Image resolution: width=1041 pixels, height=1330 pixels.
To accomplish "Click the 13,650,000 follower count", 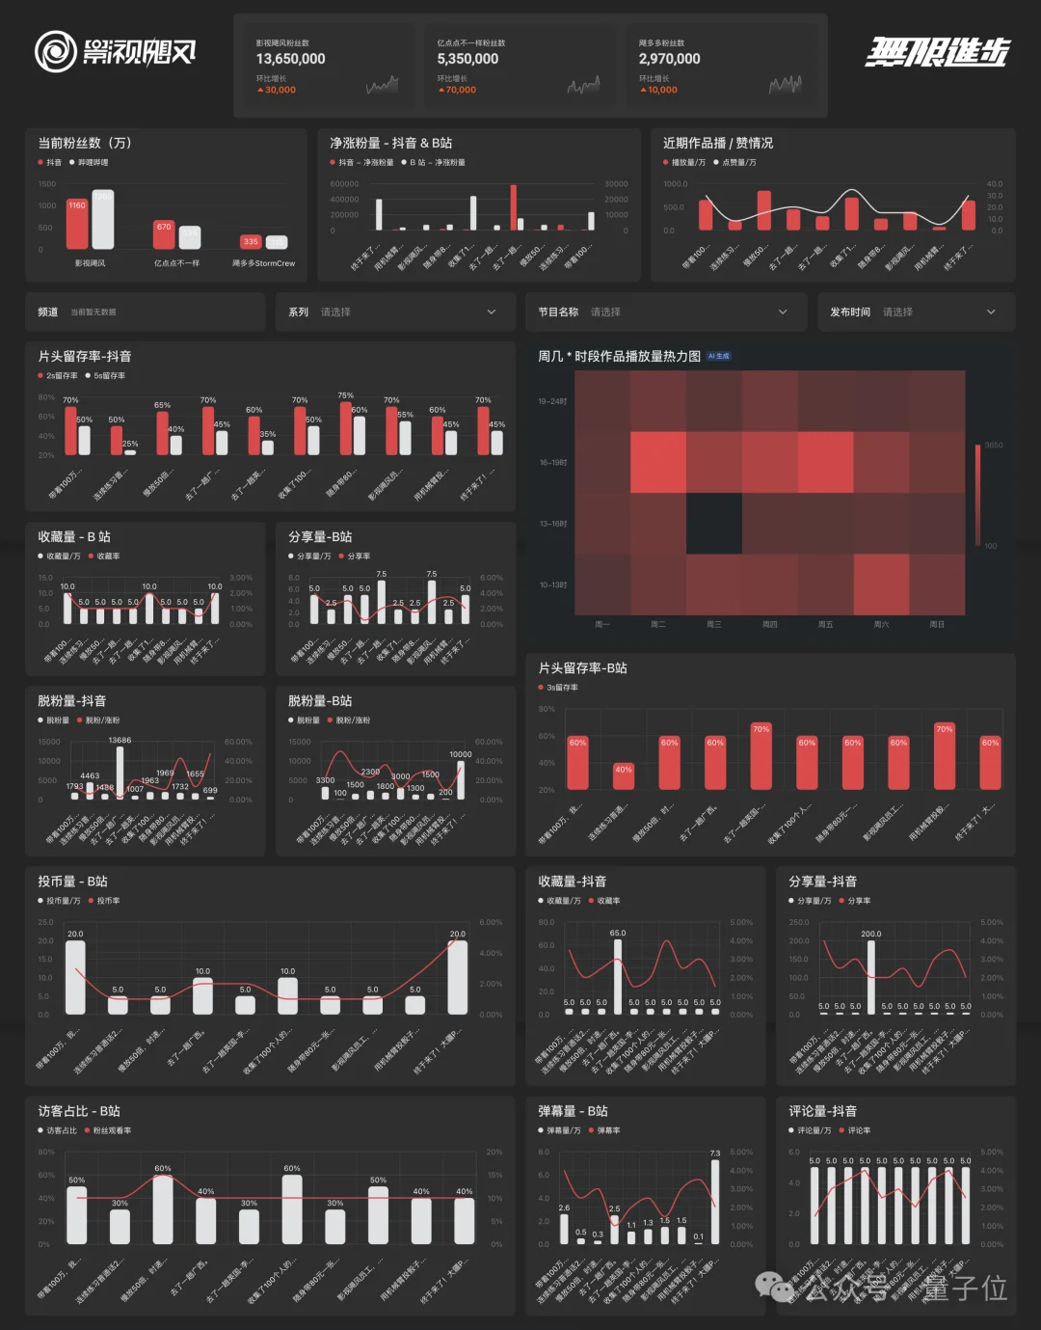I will click(x=290, y=59).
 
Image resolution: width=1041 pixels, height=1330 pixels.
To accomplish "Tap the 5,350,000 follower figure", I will click(x=467, y=59).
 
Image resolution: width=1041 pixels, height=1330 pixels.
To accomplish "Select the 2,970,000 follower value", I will click(x=669, y=59).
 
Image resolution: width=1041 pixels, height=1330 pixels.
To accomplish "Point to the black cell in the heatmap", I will click(x=714, y=524).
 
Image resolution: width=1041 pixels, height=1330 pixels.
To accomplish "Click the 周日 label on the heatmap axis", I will click(x=936, y=625).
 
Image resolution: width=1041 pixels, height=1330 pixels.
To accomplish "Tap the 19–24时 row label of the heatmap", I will click(x=552, y=401).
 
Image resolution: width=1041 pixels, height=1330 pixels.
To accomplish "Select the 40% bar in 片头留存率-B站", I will click(x=624, y=776).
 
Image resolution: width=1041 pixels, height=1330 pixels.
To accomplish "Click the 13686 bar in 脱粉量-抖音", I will click(x=120, y=770).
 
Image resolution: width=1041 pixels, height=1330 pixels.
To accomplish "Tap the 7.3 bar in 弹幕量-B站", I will click(x=715, y=1202).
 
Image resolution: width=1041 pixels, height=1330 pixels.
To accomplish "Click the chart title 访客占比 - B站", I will click(x=79, y=1111).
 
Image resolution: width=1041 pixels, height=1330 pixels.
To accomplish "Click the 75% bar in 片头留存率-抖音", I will click(x=345, y=428).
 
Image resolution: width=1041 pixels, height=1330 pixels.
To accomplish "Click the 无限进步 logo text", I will click(x=936, y=51).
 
